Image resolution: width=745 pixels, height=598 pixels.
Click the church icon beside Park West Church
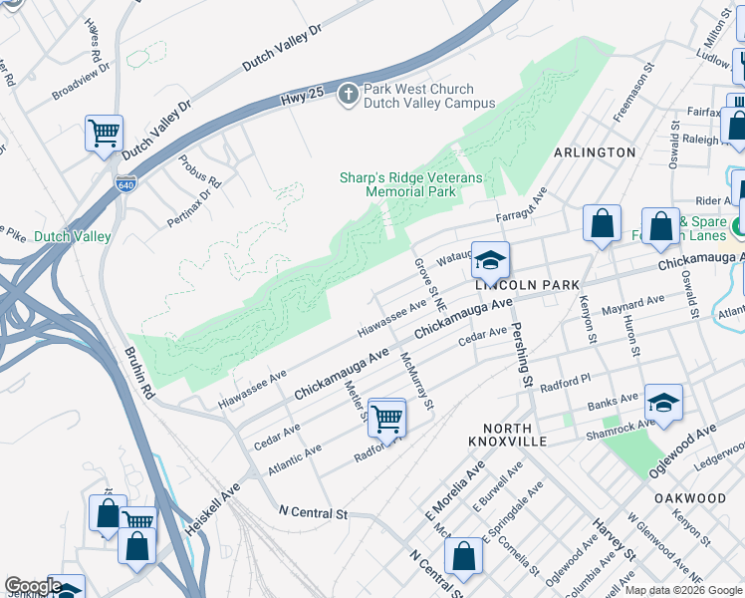348,95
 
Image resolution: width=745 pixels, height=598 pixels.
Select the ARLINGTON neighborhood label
595,152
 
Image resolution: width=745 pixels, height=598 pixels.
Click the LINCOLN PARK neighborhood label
527,285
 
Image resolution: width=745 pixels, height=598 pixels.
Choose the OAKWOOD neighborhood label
690,497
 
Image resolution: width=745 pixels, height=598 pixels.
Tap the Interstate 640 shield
124,184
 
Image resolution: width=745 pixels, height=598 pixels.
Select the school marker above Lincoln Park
490,260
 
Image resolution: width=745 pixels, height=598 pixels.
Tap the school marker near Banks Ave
663,403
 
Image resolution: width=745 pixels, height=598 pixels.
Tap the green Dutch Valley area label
72,237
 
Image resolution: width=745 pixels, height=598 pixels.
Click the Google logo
32,586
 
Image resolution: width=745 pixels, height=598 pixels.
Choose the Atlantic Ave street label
294,460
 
